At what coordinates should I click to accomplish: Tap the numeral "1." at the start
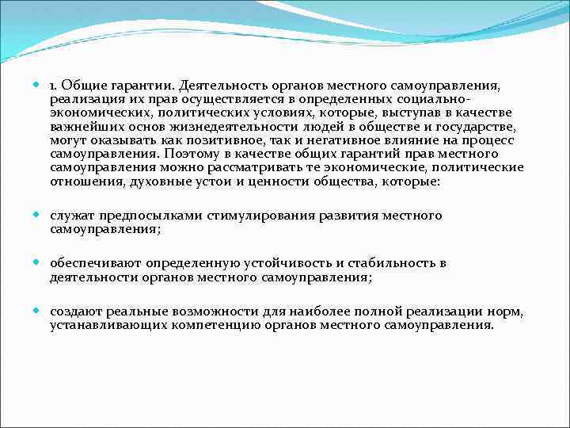pos(55,85)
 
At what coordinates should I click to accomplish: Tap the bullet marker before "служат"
pos(40,216)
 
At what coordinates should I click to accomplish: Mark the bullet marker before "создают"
pos(40,311)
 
